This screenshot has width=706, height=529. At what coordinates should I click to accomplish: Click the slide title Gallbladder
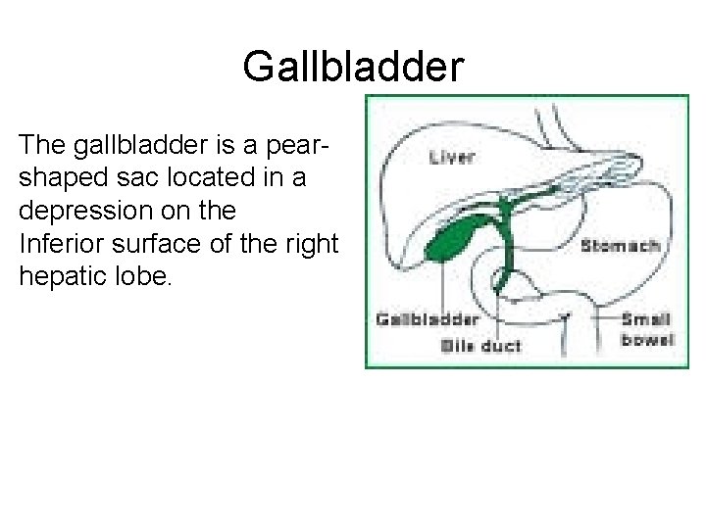click(352, 67)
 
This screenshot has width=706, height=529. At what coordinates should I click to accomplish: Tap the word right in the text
click(313, 244)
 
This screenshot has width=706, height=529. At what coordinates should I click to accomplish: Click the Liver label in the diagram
click(451, 157)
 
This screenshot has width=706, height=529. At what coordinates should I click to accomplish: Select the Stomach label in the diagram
click(620, 245)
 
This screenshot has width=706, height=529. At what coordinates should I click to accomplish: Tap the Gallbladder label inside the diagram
click(429, 319)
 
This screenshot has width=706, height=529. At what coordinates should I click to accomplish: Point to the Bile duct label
click(481, 345)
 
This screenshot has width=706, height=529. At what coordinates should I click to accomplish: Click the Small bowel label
click(646, 329)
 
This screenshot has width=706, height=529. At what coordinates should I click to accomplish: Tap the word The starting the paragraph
click(38, 147)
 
